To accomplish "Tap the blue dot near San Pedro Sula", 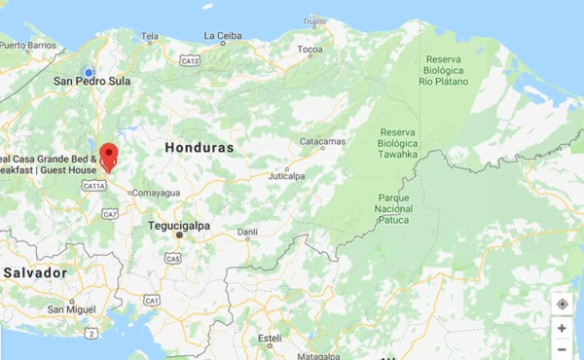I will tap(89, 72).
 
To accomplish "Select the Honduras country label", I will tap(200, 148).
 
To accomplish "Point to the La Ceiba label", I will tap(222, 36).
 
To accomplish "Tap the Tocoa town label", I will tap(310, 49).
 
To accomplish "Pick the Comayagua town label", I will tap(157, 193).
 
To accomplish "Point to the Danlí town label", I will tap(248, 232).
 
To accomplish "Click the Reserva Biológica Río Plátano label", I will tap(445, 70).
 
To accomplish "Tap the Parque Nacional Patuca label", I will tap(393, 208).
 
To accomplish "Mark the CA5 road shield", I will tap(172, 258).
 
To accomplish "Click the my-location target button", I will tap(563, 305).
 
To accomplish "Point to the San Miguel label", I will tap(75, 309).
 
